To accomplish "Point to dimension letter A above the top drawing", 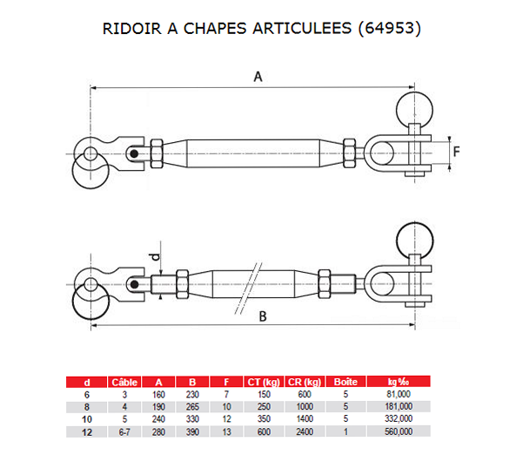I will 258,77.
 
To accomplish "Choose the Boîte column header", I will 345,382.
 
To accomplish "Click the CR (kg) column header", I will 305,382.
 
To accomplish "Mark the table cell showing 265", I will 193,406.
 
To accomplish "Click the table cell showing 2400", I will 305,431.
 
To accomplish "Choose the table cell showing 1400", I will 305,418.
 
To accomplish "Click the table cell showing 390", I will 193,431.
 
